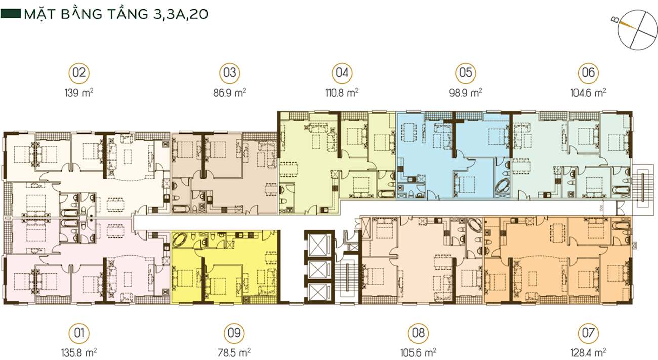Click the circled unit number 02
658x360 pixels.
79,73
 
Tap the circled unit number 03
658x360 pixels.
230,73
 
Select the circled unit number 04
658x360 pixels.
342,73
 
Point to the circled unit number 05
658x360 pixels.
466,73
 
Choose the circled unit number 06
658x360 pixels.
588,73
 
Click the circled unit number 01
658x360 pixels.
79,333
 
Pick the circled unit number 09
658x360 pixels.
234,333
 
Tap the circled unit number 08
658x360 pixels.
418,333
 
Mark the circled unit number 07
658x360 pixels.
588,333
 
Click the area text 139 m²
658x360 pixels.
79,93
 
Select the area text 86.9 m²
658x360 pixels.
230,93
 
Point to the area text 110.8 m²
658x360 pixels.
342,93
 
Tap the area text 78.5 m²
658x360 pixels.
234,352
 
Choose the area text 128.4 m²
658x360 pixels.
588,352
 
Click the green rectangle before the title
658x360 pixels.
11,14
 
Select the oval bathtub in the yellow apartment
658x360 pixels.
179,239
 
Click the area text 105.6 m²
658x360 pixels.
418,352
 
